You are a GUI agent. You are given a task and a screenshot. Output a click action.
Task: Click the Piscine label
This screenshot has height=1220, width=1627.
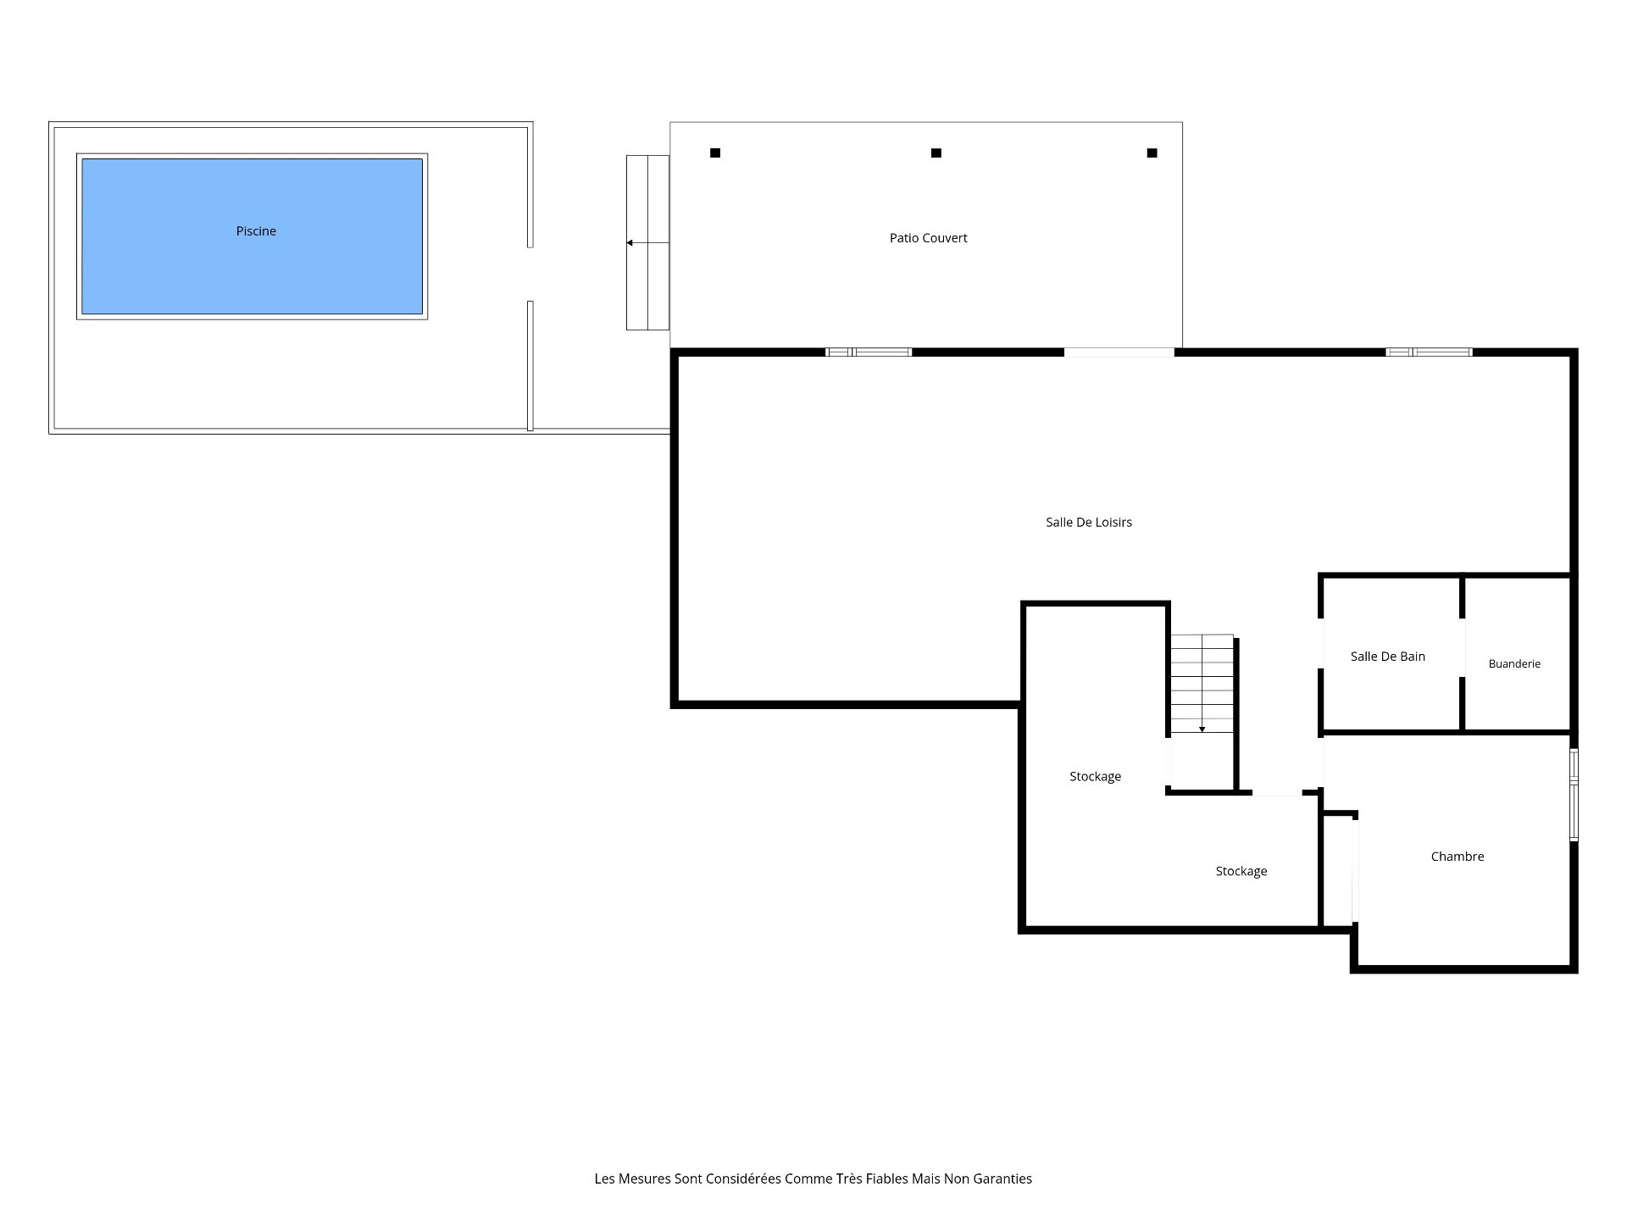(x=256, y=231)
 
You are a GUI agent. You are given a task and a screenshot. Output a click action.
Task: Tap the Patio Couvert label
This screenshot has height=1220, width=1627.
(x=928, y=238)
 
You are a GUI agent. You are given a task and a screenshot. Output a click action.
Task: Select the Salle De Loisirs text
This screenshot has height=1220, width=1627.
(x=1089, y=523)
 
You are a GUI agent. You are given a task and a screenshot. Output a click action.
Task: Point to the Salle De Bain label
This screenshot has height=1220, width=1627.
(x=1388, y=657)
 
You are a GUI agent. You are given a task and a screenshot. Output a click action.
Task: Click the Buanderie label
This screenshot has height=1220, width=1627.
(x=1514, y=664)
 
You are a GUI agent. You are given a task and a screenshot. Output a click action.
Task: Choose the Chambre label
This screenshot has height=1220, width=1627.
(x=1458, y=857)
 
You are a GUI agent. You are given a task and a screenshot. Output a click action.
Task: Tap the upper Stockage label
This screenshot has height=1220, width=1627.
(x=1095, y=777)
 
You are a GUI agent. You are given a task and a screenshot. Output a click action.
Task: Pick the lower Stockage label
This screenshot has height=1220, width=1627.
(x=1241, y=872)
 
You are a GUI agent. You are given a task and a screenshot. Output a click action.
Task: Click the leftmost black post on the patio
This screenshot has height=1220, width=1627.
(x=715, y=153)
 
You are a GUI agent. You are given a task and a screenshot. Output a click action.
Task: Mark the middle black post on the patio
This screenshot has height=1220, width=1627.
(x=936, y=153)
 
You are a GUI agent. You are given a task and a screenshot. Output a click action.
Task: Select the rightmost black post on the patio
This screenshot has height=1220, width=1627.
(x=1152, y=153)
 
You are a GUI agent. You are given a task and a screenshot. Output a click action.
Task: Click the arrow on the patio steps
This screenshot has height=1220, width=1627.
(x=647, y=243)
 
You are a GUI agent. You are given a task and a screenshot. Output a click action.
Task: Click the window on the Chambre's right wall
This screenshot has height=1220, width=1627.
(x=1574, y=795)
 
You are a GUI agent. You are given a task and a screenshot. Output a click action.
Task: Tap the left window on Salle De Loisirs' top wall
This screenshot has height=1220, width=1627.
(x=869, y=352)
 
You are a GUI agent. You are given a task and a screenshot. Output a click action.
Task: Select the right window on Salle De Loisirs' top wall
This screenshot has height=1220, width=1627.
(x=1430, y=352)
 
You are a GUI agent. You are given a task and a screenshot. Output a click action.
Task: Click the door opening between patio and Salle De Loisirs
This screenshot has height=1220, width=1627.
(x=1119, y=352)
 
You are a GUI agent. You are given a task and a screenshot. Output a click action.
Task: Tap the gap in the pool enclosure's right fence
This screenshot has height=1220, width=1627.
(x=530, y=274)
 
